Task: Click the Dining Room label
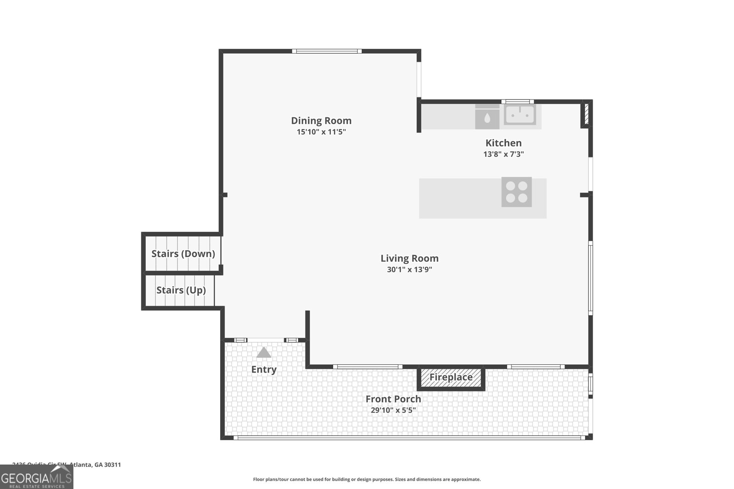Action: click(x=321, y=121)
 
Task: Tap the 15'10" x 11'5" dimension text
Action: click(x=321, y=132)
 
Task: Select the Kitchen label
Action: click(x=503, y=143)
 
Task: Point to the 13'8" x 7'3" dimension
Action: click(x=503, y=154)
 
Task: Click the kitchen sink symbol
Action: click(x=520, y=115)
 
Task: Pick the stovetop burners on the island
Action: click(x=517, y=192)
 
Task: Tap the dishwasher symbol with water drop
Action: click(x=487, y=117)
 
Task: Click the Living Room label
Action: click(x=409, y=258)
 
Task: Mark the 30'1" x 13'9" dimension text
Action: click(x=409, y=269)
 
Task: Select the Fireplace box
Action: click(x=451, y=378)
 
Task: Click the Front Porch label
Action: click(x=393, y=399)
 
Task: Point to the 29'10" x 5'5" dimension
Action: click(x=393, y=410)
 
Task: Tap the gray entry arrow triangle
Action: click(x=264, y=352)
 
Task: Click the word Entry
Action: click(x=264, y=369)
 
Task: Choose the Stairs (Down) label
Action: click(x=183, y=253)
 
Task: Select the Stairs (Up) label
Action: click(x=181, y=290)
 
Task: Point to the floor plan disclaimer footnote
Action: click(x=367, y=479)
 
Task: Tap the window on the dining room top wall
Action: click(x=327, y=51)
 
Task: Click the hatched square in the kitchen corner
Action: click(x=586, y=114)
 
